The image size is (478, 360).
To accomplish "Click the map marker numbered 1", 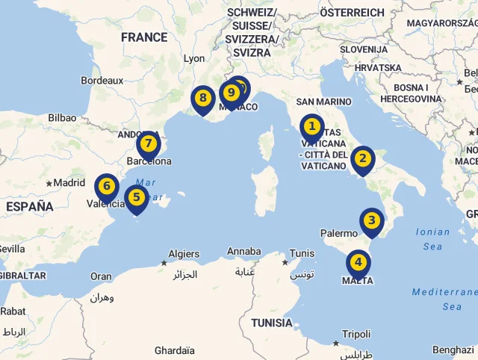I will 312,127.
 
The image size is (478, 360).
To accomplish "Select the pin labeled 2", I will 362,158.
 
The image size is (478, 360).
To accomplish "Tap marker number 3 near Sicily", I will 371,220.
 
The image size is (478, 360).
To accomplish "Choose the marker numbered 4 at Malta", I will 358,262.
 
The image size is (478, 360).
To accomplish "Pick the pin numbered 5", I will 136,198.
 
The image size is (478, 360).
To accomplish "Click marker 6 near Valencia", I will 107,186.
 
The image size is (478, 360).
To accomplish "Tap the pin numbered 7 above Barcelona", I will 148,143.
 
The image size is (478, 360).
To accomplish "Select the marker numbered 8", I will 202,98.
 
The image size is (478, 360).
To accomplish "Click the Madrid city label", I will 69,182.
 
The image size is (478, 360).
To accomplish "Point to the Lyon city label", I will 194,58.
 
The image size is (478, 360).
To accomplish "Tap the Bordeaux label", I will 102,80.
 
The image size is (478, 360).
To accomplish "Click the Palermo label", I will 339,233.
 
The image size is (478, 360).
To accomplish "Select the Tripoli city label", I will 356,334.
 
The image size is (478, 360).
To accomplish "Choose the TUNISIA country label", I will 272,323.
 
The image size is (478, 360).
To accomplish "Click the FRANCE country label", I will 144,37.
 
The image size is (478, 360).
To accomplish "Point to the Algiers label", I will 184,254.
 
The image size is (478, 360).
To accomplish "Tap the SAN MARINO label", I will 323,102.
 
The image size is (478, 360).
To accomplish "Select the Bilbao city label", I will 62,117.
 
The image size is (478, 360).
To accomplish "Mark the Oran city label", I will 101,276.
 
